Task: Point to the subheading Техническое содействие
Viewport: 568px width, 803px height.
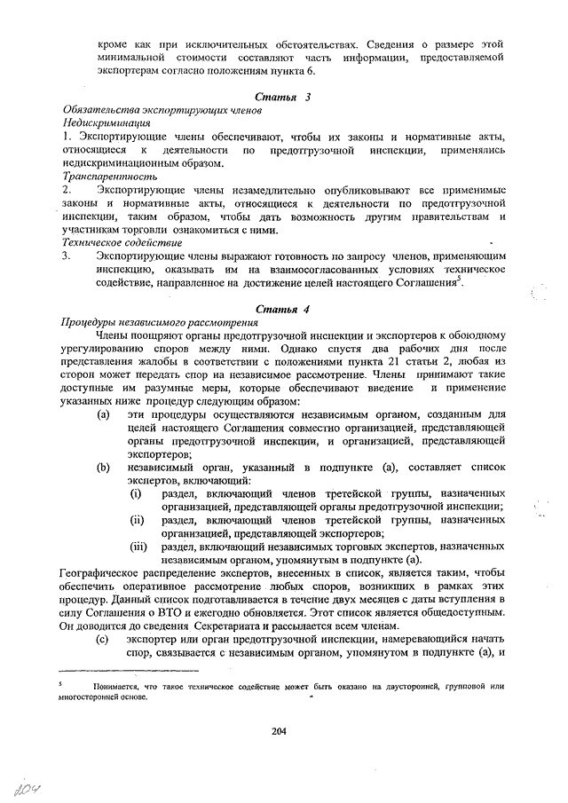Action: (122, 242)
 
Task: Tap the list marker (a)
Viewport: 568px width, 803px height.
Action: (104, 415)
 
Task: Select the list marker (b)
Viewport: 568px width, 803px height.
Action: (104, 467)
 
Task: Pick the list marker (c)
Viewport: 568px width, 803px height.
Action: (104, 639)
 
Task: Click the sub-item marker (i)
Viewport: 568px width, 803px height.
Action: (135, 492)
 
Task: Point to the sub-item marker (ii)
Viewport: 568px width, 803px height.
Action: (137, 519)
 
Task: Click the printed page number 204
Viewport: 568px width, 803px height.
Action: (281, 731)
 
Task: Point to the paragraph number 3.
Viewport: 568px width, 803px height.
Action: (67, 256)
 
